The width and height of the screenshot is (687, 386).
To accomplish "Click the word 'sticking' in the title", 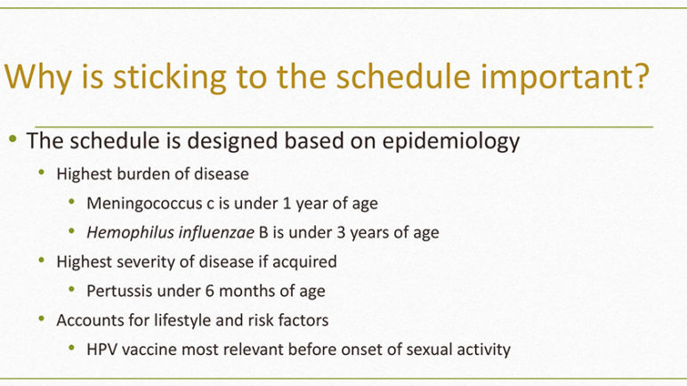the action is (170, 76).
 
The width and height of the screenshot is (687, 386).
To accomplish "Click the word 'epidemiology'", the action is (451, 141).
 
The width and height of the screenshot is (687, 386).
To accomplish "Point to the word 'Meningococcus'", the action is (144, 204).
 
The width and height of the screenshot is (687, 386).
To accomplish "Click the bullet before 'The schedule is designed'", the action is (12, 140).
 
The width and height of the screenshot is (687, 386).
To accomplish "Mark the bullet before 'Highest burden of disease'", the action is (42, 173).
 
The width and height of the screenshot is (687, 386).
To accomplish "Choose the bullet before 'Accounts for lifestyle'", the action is (42, 318).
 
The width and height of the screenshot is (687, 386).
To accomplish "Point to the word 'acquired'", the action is (304, 262).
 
